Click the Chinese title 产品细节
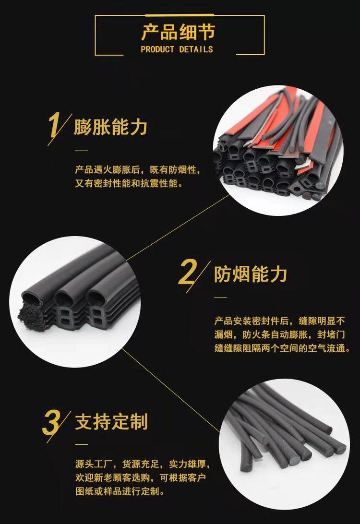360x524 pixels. pyautogui.click(x=178, y=33)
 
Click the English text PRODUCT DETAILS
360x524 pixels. pyautogui.click(x=177, y=49)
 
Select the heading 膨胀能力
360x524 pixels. pyautogui.click(x=111, y=127)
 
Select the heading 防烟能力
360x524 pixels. pyautogui.click(x=251, y=274)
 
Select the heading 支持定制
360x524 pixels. pyautogui.click(x=112, y=421)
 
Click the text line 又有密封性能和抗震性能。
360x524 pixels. pyautogui.click(x=129, y=183)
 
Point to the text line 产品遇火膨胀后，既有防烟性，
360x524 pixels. pyautogui.click(x=137, y=170)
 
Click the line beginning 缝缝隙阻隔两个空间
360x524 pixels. pyautogui.click(x=282, y=348)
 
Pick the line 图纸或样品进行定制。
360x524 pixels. pyautogui.click(x=120, y=491)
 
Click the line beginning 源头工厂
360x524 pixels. pyautogui.click(x=143, y=464)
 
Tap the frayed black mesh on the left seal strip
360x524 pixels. pyautogui.click(x=31, y=316)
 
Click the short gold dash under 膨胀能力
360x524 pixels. pyautogui.click(x=81, y=150)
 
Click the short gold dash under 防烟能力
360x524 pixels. pyautogui.click(x=220, y=298)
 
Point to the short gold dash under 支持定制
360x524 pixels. pyautogui.click(x=81, y=444)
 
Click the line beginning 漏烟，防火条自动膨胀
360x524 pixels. pyautogui.click(x=279, y=335)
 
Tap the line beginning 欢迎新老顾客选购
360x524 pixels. pyautogui.click(x=141, y=477)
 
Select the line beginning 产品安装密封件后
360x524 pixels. pyautogui.click(x=279, y=321)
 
